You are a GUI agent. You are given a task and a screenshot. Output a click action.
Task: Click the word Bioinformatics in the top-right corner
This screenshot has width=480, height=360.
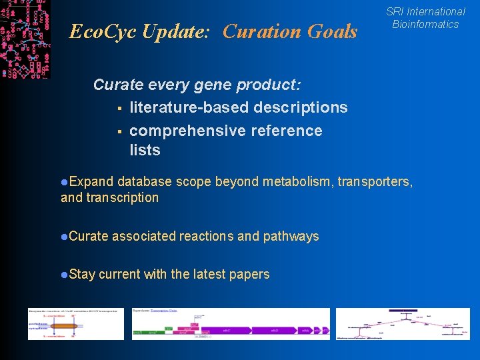tap(425, 25)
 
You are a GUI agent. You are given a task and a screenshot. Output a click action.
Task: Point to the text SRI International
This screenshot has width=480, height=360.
tap(425, 11)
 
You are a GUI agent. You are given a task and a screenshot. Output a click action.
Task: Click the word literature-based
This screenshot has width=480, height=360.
tap(188, 107)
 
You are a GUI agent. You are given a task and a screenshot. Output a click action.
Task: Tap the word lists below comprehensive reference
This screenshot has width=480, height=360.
tap(145, 150)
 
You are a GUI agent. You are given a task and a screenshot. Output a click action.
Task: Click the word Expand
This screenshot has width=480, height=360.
tap(91, 181)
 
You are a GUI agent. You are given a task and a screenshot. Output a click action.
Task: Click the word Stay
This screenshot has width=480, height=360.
tap(82, 274)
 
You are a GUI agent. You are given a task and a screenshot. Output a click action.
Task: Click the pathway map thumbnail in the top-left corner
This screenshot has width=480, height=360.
tap(25, 39)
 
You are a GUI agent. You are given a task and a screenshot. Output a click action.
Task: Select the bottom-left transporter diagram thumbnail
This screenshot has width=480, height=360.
tap(75, 324)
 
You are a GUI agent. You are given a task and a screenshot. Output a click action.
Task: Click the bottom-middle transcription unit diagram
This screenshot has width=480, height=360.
tap(230, 324)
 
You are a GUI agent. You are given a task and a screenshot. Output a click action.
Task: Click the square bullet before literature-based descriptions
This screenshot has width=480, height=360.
tap(117, 108)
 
